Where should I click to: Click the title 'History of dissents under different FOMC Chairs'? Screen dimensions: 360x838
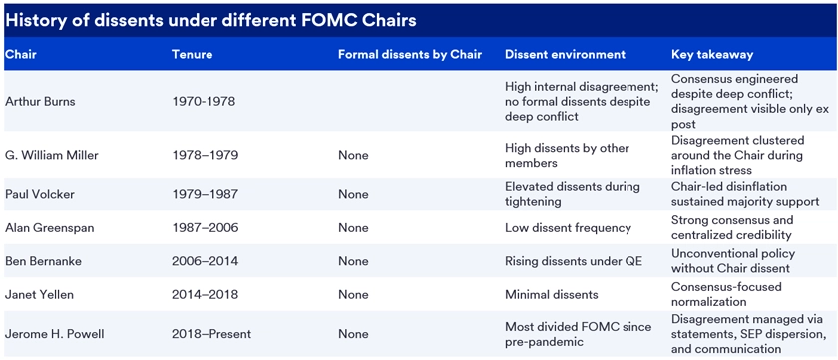[210, 20]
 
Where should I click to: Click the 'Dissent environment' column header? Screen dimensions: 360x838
[565, 54]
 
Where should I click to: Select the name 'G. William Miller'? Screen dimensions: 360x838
[52, 155]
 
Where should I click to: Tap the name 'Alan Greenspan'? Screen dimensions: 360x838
[50, 228]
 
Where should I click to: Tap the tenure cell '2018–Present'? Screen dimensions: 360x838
[211, 334]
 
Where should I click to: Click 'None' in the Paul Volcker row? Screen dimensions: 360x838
[353, 194]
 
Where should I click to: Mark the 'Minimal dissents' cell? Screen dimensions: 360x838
[552, 294]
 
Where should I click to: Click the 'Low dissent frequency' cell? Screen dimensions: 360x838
[568, 228]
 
